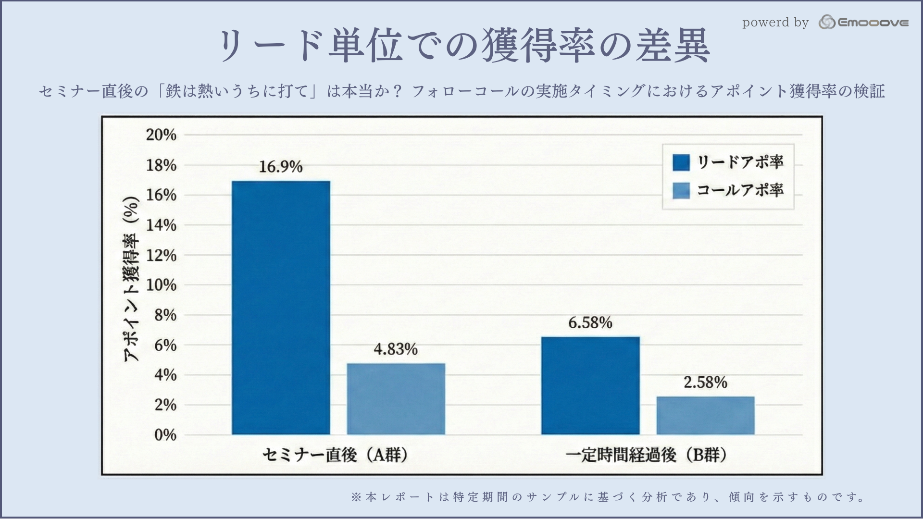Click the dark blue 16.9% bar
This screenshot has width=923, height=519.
(x=281, y=308)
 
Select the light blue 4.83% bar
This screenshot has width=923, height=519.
(x=396, y=399)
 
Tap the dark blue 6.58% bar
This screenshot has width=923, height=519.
(x=590, y=385)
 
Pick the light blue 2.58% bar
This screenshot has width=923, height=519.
(x=705, y=415)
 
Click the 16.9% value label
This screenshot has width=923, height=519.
(x=281, y=167)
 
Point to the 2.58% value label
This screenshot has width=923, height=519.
(x=705, y=383)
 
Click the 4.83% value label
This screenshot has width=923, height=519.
(x=396, y=349)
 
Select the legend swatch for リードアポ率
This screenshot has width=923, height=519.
(x=681, y=162)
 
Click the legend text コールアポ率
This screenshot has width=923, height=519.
(x=740, y=190)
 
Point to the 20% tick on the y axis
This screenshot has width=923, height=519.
(x=162, y=135)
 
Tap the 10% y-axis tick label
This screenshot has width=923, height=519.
(x=162, y=285)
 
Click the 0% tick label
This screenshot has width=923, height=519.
(x=165, y=435)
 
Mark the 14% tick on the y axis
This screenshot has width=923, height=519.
(x=162, y=225)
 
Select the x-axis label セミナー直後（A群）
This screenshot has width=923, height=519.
(x=336, y=455)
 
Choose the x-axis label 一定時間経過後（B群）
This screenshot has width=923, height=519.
(x=646, y=455)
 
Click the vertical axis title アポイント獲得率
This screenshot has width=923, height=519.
(x=131, y=279)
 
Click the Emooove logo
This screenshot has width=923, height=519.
(x=863, y=22)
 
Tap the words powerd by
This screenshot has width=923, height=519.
(x=775, y=23)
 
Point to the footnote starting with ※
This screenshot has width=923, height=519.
(x=609, y=497)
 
